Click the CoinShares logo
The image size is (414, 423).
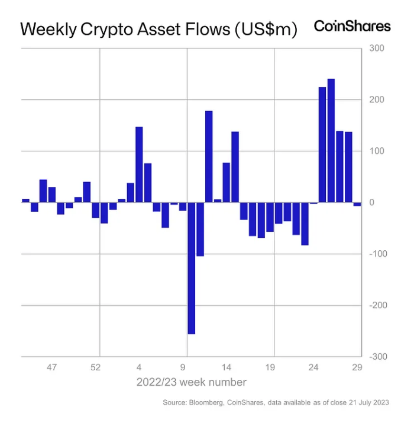tap(352, 26)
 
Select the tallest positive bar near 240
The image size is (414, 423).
tap(331, 140)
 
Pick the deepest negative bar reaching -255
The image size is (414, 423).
tap(191, 268)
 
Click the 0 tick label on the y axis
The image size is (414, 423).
tap(373, 202)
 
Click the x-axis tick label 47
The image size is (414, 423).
tap(51, 367)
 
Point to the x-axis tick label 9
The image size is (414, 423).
tap(183, 367)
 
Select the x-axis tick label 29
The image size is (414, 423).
tap(357, 367)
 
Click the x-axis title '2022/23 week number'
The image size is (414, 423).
tap(192, 382)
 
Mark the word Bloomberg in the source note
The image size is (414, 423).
tap(209, 403)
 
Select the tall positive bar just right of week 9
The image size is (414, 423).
tap(209, 157)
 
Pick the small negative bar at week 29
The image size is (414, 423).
tap(357, 204)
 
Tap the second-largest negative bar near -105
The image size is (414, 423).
tap(200, 229)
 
